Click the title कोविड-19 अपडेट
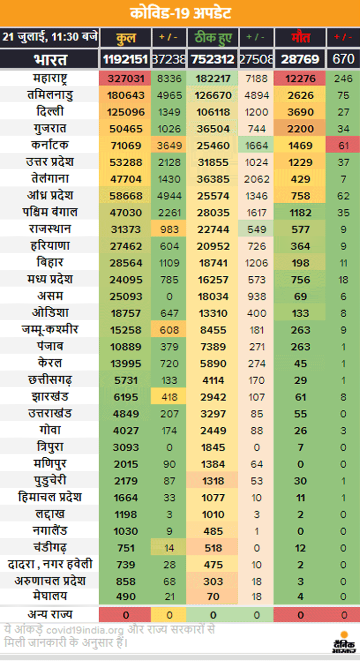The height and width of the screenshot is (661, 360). pyautogui.click(x=180, y=13)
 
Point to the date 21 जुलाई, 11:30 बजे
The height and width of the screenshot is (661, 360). pyautogui.click(x=49, y=37)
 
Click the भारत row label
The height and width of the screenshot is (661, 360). pyautogui.click(x=50, y=59)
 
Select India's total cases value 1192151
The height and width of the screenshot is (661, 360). pyautogui.click(x=125, y=59)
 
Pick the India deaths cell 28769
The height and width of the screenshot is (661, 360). pyautogui.click(x=300, y=59)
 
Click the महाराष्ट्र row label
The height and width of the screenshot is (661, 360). pyautogui.click(x=50, y=78)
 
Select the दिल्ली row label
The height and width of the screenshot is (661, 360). pyautogui.click(x=50, y=112)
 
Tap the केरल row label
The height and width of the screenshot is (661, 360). pyautogui.click(x=50, y=363)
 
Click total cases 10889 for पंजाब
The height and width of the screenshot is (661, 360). pyautogui.click(x=125, y=347)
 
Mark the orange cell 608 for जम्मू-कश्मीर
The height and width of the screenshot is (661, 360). pyautogui.click(x=169, y=330)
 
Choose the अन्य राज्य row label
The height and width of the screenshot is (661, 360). pyautogui.click(x=50, y=615)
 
